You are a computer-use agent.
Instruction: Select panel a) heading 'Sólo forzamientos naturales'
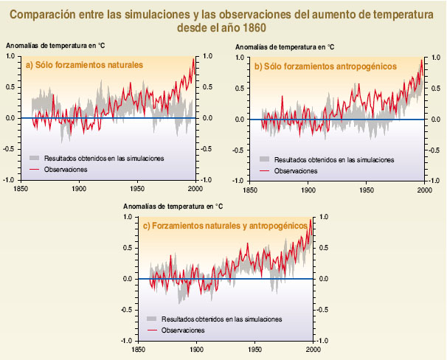click(x=83, y=66)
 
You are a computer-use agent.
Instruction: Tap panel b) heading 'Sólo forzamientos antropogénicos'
click(x=325, y=66)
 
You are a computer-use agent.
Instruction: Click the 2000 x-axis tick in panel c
click(x=313, y=348)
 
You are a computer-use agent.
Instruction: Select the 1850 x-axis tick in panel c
click(x=138, y=348)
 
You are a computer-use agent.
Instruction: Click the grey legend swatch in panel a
click(x=35, y=158)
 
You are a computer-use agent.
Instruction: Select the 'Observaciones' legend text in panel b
click(x=295, y=170)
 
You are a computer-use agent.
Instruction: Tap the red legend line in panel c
click(x=153, y=330)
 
